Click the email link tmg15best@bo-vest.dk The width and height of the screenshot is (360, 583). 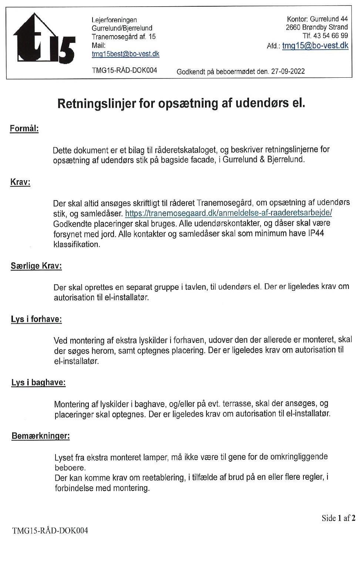pyautogui.click(x=125, y=54)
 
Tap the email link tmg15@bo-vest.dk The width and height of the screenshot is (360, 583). pyautogui.click(x=315, y=46)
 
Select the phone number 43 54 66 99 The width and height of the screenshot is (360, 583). pyautogui.click(x=330, y=36)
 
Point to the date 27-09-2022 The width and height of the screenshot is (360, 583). pyautogui.click(x=288, y=71)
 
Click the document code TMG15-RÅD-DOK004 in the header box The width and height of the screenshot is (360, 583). pyautogui.click(x=124, y=70)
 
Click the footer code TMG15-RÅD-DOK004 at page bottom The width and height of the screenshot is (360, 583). pyautogui.click(x=50, y=530)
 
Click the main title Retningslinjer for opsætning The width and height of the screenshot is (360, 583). pyautogui.click(x=181, y=103)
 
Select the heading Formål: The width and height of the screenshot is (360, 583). pyautogui.click(x=24, y=129)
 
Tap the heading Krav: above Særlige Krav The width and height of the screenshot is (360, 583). pyautogui.click(x=20, y=182)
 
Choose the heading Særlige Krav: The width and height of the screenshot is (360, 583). pyautogui.click(x=36, y=266)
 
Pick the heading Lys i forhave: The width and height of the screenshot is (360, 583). pyautogui.click(x=36, y=319)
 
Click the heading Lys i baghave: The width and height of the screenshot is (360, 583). pyautogui.click(x=38, y=383)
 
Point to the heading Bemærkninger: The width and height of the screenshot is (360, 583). pyautogui.click(x=41, y=436)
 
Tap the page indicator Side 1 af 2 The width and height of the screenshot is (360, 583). pyautogui.click(x=338, y=518)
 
